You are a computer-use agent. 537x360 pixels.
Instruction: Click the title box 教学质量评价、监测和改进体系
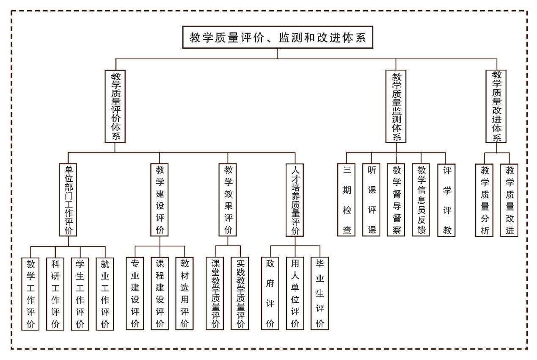[x=278, y=38]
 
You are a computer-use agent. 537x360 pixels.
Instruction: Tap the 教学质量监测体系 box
[x=396, y=107]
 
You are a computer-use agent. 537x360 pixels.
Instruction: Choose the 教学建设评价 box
[x=160, y=199]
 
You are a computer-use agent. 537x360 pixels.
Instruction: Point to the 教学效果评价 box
[x=228, y=199]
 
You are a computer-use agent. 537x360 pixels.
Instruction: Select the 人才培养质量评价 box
[x=295, y=199]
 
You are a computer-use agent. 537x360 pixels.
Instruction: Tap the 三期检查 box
[x=347, y=199]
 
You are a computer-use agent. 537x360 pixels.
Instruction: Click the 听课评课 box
[x=371, y=199]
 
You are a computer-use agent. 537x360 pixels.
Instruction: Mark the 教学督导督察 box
[x=397, y=199]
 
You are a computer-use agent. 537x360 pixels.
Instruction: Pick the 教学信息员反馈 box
[x=421, y=199]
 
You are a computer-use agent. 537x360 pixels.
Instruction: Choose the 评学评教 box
[x=446, y=199]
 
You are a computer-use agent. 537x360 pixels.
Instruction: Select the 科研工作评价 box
[x=55, y=294]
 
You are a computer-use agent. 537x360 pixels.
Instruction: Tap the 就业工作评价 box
[x=105, y=294]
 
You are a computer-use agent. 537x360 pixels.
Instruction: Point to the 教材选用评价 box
[x=185, y=293]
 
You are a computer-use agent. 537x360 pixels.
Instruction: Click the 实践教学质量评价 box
[x=240, y=293]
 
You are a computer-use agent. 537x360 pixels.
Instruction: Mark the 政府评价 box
[x=270, y=293]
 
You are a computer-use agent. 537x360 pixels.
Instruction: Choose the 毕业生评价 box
[x=320, y=293]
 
